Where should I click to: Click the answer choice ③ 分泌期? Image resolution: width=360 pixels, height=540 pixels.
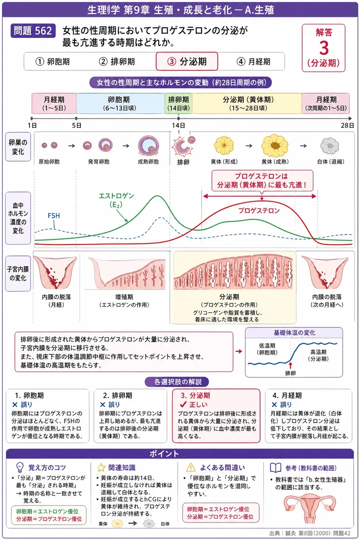[x=187, y=62]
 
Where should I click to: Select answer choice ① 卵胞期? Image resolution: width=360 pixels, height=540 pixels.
[x=53, y=62]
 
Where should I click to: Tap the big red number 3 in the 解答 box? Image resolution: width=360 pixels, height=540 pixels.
[x=324, y=48]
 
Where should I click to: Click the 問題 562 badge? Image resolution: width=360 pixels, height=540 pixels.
[x=33, y=31]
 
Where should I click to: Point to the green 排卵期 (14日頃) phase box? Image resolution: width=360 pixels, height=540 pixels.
[x=179, y=103]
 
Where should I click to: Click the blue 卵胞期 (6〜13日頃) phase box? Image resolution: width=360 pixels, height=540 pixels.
[x=121, y=103]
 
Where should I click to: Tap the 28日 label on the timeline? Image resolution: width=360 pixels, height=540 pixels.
[x=347, y=125]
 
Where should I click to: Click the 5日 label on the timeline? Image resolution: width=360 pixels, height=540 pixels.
[x=76, y=125]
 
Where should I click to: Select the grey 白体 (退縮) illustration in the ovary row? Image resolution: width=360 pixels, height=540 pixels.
[x=329, y=146]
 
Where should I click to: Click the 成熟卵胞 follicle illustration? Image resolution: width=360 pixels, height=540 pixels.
[x=149, y=146]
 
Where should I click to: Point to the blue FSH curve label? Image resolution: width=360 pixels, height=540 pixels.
[x=54, y=216]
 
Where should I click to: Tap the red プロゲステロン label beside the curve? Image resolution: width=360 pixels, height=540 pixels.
[x=259, y=211]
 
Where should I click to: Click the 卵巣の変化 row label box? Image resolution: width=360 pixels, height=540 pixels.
[x=18, y=146]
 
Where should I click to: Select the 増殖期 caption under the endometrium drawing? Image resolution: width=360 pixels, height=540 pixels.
[x=124, y=297]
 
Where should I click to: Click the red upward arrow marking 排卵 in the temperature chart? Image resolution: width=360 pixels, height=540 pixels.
[x=290, y=365]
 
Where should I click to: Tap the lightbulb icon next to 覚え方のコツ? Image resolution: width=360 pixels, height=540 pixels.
[x=19, y=467]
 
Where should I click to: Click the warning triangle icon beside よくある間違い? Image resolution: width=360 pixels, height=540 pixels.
[x=191, y=467]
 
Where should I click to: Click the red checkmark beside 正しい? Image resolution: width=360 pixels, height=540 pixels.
[x=183, y=404]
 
